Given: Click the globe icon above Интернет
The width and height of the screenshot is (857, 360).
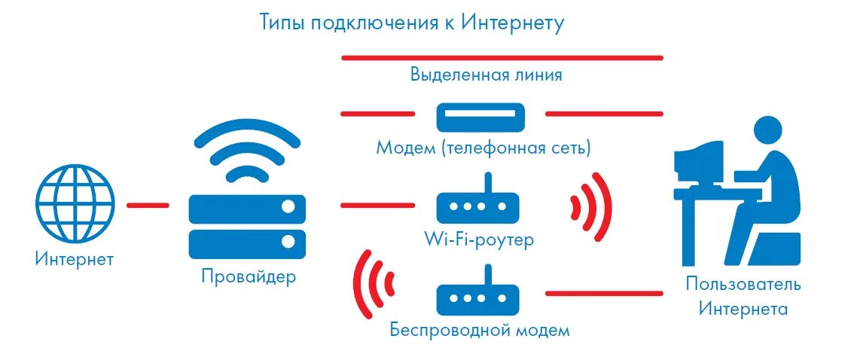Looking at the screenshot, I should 75,203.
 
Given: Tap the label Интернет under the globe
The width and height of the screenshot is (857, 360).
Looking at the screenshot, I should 74,260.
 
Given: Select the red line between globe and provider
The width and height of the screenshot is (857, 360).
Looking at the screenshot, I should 148,204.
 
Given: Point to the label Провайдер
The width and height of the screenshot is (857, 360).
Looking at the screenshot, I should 249,276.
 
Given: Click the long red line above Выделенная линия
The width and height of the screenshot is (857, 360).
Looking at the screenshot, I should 502,57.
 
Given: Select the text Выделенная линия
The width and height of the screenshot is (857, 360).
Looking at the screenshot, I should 486,75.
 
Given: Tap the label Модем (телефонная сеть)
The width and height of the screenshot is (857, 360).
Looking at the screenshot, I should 483,148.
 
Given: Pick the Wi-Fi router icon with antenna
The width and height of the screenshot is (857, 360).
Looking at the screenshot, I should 478,203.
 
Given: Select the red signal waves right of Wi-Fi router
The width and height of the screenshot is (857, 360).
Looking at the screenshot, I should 590,206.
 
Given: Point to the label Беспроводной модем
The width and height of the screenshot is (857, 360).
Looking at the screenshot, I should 480,330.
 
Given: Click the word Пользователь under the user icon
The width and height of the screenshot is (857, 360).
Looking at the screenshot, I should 743,285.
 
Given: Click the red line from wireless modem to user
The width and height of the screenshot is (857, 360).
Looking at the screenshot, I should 603,293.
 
